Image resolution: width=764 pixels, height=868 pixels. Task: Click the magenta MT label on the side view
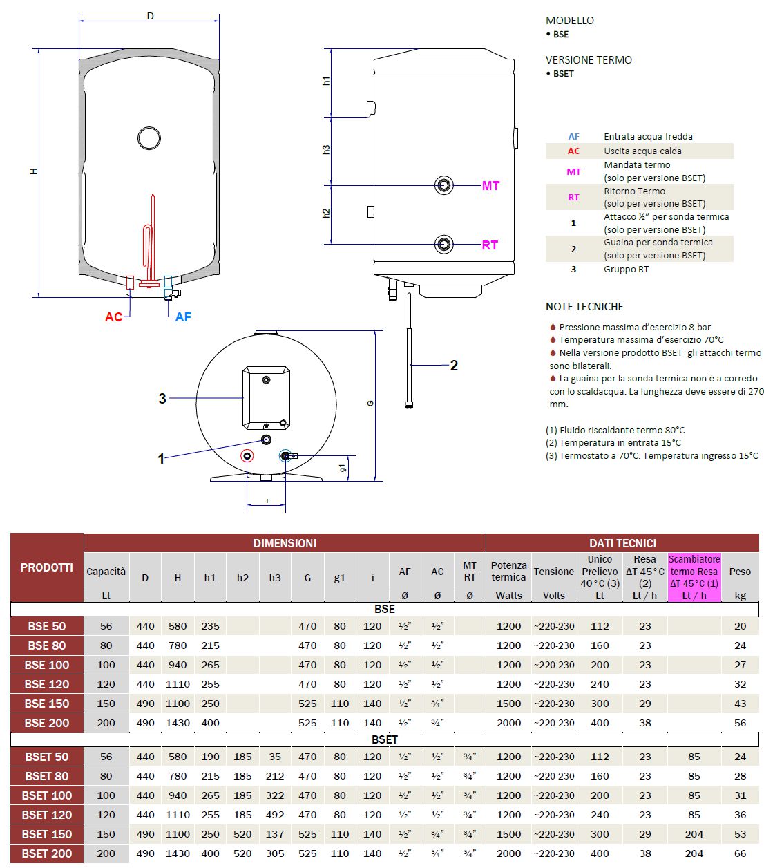490,185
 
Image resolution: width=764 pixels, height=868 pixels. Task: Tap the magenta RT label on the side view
490,245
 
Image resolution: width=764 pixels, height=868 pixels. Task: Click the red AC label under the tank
113,317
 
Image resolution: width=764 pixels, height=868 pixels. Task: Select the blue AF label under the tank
183,317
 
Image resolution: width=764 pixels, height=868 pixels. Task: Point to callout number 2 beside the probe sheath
454,365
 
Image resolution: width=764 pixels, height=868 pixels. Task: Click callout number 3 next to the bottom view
162,398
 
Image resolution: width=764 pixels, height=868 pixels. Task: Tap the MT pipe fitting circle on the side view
444,185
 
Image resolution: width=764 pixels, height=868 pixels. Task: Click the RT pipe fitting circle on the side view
444,244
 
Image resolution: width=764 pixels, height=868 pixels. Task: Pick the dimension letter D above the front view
150,16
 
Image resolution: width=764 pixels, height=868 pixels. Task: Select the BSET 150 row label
47,834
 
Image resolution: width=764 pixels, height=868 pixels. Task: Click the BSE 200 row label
47,723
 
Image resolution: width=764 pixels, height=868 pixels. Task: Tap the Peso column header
740,572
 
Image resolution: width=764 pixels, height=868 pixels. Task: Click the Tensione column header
554,572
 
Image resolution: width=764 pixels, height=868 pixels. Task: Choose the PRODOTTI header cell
47,567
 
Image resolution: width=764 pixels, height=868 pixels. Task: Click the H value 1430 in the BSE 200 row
178,723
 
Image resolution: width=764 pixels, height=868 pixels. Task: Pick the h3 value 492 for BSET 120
275,815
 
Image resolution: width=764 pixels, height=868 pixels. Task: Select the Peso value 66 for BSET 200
740,853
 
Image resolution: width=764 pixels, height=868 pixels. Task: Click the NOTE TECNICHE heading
584,306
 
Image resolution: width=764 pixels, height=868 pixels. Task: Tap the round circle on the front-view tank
149,138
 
